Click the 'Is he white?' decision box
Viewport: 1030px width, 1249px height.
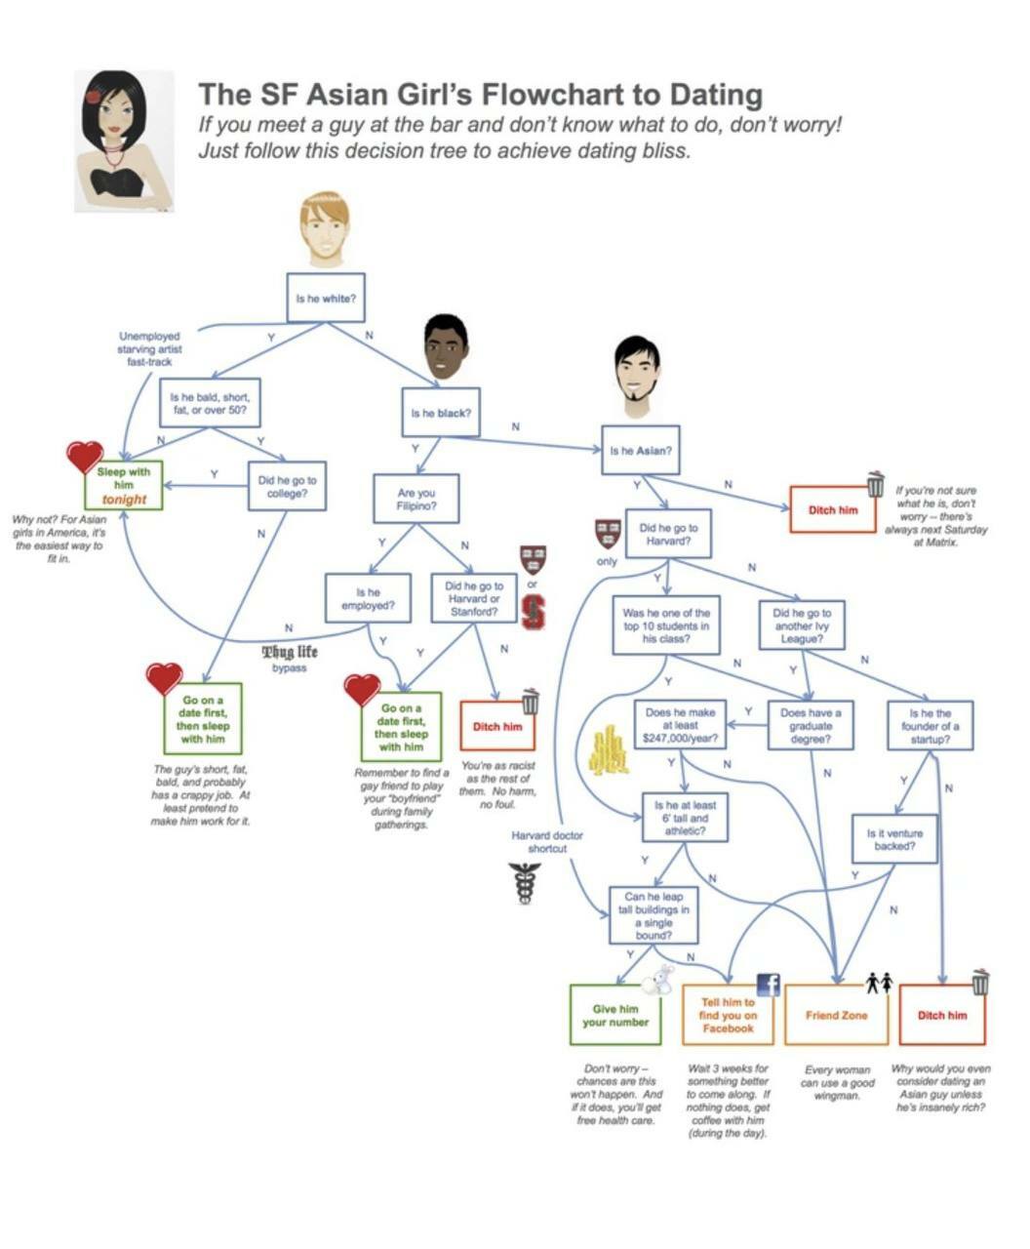(x=326, y=298)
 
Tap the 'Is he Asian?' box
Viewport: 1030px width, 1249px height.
(x=640, y=451)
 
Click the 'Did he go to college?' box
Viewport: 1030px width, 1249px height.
(x=287, y=486)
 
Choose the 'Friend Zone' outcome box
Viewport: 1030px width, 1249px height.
(x=836, y=1015)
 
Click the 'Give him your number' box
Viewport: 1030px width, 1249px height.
(x=614, y=1015)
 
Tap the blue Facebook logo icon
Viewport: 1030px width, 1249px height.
(x=769, y=986)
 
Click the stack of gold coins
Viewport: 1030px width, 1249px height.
(x=607, y=750)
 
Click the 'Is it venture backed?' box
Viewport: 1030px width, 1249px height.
(x=894, y=840)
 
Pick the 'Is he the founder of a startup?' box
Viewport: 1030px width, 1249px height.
(x=930, y=726)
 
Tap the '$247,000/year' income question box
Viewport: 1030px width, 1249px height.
(x=680, y=726)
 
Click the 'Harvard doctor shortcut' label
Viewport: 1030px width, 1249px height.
(x=546, y=842)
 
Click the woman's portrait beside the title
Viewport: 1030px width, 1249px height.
(x=124, y=141)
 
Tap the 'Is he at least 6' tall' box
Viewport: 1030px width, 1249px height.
(x=685, y=819)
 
